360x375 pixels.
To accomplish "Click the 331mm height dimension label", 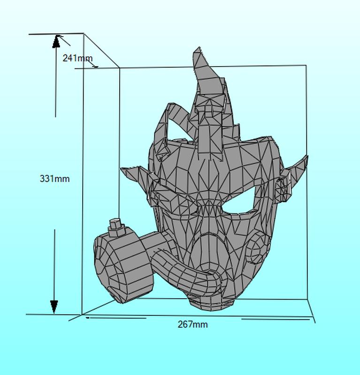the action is pos(54,179).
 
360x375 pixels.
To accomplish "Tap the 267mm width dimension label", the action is pos(192,324).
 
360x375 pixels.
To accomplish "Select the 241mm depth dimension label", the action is pos(77,58).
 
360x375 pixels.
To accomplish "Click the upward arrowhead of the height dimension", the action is pos(56,41).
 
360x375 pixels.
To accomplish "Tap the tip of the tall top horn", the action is pos(199,47).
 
